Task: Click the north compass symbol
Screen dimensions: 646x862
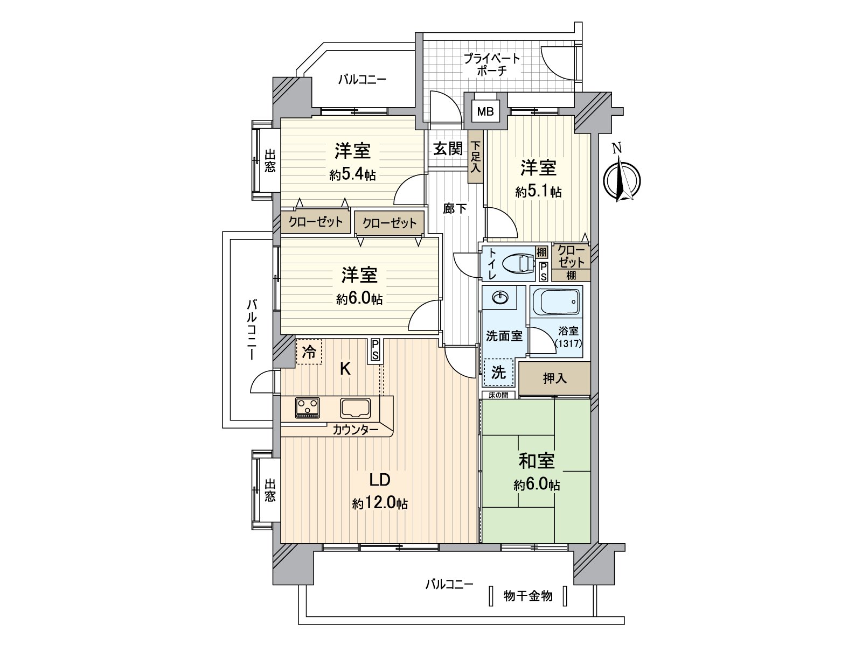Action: (621, 179)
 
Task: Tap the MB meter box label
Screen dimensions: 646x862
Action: (485, 113)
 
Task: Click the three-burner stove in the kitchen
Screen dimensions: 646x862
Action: (307, 407)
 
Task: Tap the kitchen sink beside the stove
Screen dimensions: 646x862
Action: (354, 408)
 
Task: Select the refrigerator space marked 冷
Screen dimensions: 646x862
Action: (309, 352)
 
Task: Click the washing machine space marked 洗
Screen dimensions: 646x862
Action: (498, 373)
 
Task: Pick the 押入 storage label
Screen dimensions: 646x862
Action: (554, 379)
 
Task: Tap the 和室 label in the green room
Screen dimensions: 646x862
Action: (536, 461)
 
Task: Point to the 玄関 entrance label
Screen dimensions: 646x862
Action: (448, 149)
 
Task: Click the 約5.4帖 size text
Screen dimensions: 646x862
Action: (352, 174)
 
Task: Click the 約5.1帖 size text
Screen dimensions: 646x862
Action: (538, 192)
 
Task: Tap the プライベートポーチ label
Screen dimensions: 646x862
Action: (492, 64)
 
